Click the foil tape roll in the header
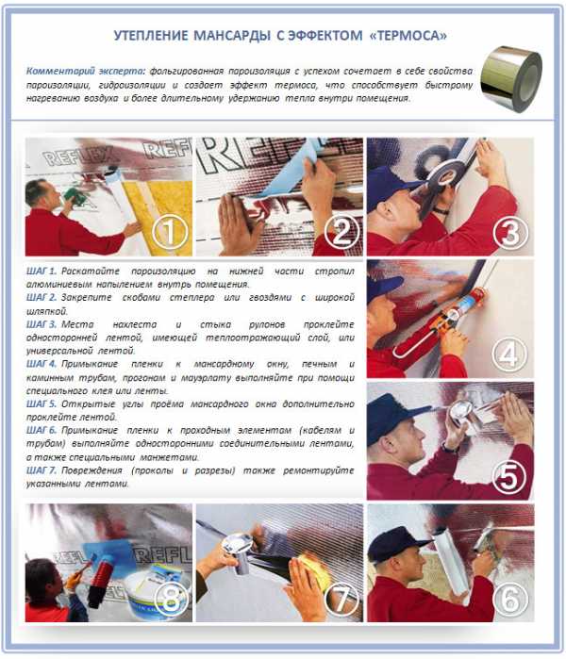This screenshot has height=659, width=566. tap(510, 79)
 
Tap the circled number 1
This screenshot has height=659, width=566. tap(170, 232)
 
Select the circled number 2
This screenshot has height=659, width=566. tap(341, 232)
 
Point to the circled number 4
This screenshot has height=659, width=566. tap(509, 354)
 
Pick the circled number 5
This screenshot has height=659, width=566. tap(509, 477)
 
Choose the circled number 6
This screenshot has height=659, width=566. tap(509, 600)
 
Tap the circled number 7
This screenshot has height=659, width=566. tap(341, 600)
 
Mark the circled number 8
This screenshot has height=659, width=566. tap(171, 600)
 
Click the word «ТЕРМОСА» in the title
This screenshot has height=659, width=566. tap(408, 35)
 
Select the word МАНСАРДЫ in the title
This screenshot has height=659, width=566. tap(232, 35)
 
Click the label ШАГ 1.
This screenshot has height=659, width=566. tap(42, 272)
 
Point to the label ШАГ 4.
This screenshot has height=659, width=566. tap(42, 364)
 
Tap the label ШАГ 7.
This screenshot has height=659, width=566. tap(42, 470)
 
